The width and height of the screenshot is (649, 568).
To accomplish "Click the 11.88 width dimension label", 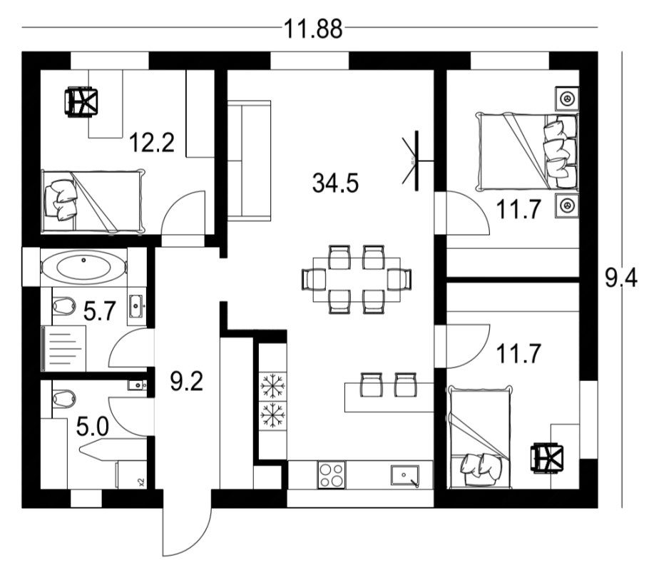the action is pyautogui.click(x=313, y=29).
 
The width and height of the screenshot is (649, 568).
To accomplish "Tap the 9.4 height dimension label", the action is pyautogui.click(x=622, y=277).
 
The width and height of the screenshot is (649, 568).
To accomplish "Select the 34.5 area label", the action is pyautogui.click(x=335, y=183).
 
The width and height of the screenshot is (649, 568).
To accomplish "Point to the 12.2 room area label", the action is pyautogui.click(x=151, y=142).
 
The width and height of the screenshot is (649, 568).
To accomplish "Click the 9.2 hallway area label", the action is pyautogui.click(x=187, y=381).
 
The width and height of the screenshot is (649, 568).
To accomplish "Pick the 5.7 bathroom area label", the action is pyautogui.click(x=99, y=311).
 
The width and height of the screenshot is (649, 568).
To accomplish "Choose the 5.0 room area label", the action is pyautogui.click(x=93, y=427).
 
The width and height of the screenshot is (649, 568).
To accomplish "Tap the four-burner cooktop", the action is pyautogui.click(x=332, y=475).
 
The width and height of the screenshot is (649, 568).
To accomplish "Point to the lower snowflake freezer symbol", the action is pyautogui.click(x=272, y=415).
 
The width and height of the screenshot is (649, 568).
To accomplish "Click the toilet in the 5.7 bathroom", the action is pyautogui.click(x=63, y=305).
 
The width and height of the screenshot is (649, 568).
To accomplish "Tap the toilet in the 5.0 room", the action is pyautogui.click(x=63, y=397).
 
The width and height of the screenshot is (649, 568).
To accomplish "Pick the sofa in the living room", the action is pyautogui.click(x=249, y=161).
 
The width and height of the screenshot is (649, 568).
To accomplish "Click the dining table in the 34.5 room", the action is pyautogui.click(x=357, y=280).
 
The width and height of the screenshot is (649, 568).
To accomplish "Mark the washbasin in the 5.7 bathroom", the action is pyautogui.click(x=136, y=306).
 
